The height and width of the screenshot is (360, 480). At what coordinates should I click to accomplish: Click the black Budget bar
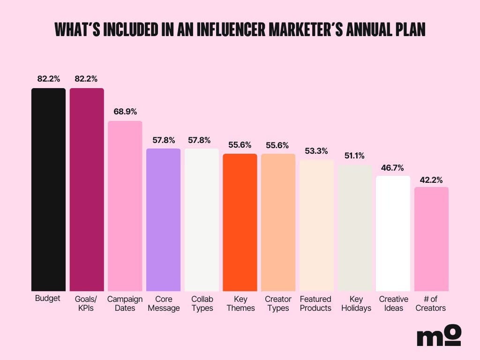(48, 189)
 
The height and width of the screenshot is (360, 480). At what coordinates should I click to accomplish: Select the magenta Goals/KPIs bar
(87, 189)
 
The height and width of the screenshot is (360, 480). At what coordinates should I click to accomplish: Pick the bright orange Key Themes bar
(240, 222)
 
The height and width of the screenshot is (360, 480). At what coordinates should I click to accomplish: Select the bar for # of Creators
(431, 239)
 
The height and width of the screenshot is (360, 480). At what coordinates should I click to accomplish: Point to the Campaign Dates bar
(125, 206)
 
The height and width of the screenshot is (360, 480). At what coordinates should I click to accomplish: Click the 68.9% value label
(125, 112)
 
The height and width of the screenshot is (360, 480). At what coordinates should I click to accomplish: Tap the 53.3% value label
(316, 151)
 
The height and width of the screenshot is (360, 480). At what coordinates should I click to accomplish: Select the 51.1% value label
(355, 156)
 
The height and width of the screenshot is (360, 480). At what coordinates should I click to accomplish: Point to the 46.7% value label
(393, 167)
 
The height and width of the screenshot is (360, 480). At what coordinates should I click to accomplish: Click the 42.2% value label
(431, 179)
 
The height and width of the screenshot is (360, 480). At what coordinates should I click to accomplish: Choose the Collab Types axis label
(202, 303)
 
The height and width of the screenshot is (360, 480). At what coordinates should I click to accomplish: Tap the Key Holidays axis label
(355, 303)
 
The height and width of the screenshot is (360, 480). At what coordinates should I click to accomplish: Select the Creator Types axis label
(278, 303)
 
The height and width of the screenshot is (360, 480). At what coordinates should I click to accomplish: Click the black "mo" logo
(439, 336)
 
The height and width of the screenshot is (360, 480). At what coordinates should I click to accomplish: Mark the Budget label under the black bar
(48, 298)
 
